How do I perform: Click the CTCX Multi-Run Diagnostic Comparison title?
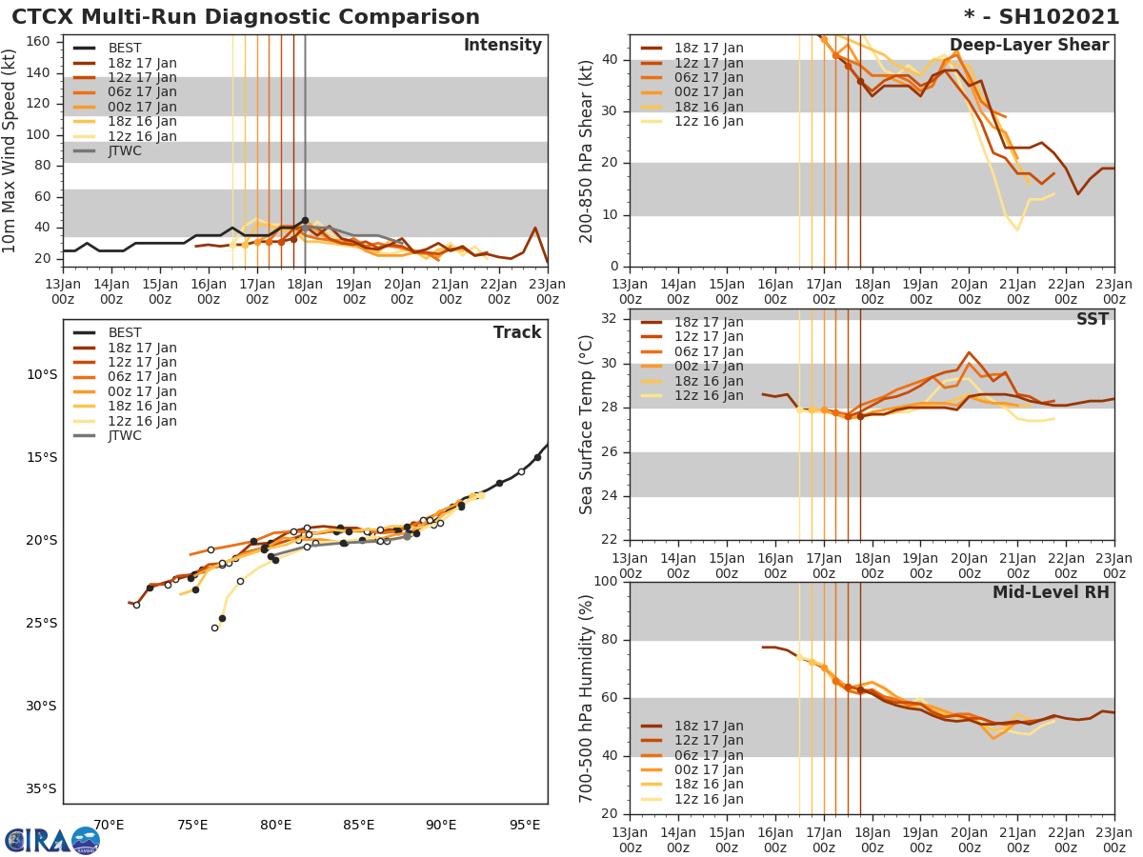click(246, 17)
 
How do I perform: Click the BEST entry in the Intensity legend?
click(124, 48)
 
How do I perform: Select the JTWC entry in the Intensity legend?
click(125, 150)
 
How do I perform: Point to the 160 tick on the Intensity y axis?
click(38, 42)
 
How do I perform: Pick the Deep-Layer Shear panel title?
click(1029, 46)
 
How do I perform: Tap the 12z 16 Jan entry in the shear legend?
click(709, 122)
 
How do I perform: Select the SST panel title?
click(1092, 320)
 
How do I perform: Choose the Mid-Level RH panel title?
click(1051, 593)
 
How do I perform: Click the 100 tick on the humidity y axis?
click(606, 582)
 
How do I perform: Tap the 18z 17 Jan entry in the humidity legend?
click(709, 726)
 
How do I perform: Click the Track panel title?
click(517, 332)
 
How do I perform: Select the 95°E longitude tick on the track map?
click(525, 825)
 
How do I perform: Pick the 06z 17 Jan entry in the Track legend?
click(142, 377)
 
